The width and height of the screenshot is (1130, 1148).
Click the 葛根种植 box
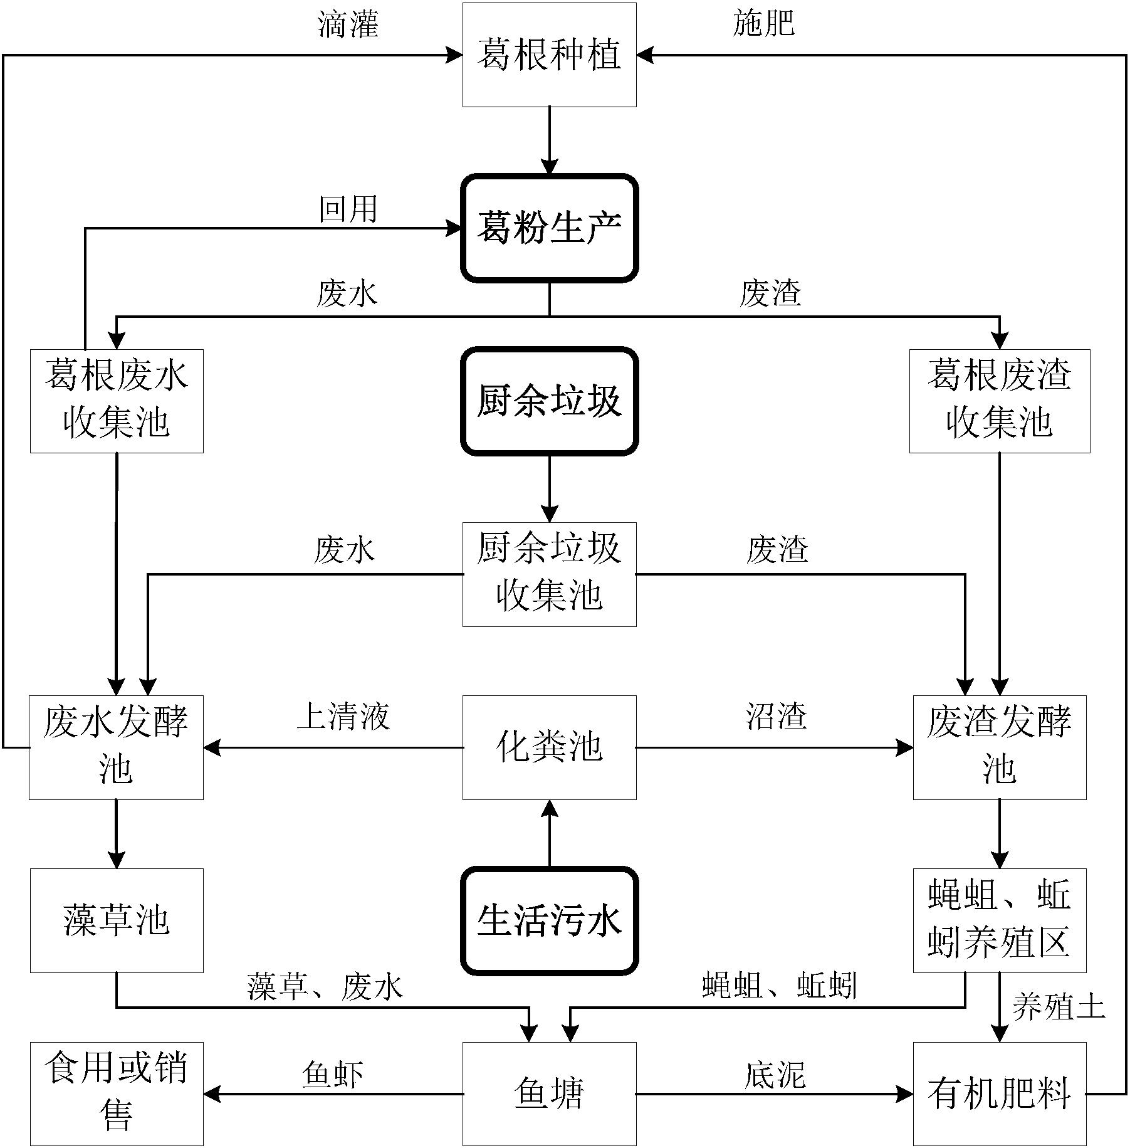coord(550,55)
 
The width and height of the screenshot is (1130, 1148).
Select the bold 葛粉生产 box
coord(550,228)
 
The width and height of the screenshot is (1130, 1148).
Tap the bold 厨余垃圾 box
coord(550,401)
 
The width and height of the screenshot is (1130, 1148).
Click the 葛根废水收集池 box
coord(117,401)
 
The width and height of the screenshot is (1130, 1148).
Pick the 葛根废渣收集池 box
coord(1000,401)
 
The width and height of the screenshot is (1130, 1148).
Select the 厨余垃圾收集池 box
coord(550,574)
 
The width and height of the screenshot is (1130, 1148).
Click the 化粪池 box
coord(550,747)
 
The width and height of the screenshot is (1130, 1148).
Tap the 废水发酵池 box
coord(117,747)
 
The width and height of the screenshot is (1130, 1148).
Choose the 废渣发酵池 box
coord(1000,747)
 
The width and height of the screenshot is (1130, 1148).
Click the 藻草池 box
coord(117,920)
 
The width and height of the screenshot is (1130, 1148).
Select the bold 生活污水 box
coord(550,921)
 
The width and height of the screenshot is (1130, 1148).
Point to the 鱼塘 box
coord(550,1094)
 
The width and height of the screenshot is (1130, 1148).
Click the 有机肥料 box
coord(1000,1094)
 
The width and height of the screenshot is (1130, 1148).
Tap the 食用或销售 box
coord(117,1094)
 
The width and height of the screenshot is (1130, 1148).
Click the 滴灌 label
coord(348,24)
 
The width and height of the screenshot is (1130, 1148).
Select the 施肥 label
coord(763,24)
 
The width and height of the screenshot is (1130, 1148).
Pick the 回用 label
coord(348,209)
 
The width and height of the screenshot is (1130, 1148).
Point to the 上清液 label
coord(343,715)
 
